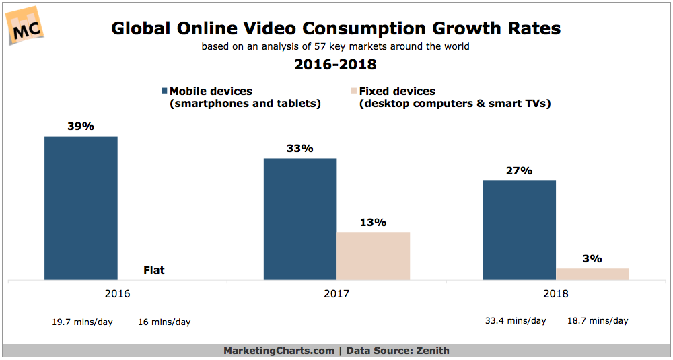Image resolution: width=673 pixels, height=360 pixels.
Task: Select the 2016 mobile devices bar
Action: point(81,207)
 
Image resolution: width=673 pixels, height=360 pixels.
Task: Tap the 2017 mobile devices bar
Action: point(300,218)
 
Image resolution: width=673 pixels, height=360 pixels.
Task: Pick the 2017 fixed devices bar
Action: point(373,255)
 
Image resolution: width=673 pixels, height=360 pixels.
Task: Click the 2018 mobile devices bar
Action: point(520,229)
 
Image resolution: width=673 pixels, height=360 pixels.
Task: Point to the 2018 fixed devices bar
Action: point(592,273)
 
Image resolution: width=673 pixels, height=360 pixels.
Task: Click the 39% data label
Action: point(81,127)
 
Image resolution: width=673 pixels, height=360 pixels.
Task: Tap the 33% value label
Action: point(300,149)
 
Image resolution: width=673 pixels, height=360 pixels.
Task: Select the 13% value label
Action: point(373,222)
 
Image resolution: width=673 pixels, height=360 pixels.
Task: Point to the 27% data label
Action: point(520,171)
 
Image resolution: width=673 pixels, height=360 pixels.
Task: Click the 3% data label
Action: point(592,258)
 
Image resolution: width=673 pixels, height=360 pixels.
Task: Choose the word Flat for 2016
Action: point(153,271)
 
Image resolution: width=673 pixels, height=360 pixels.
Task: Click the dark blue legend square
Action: point(164,92)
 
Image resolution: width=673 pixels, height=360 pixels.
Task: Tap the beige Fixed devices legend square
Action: point(353,92)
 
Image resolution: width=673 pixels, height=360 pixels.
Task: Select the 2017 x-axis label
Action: point(336,293)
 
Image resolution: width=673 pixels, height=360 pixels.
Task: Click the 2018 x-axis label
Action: point(556,293)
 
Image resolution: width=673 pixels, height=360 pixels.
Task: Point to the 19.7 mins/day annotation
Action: point(83,322)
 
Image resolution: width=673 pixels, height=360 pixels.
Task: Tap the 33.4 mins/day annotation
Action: point(516,320)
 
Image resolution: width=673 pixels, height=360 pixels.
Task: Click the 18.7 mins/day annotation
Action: point(598,320)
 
